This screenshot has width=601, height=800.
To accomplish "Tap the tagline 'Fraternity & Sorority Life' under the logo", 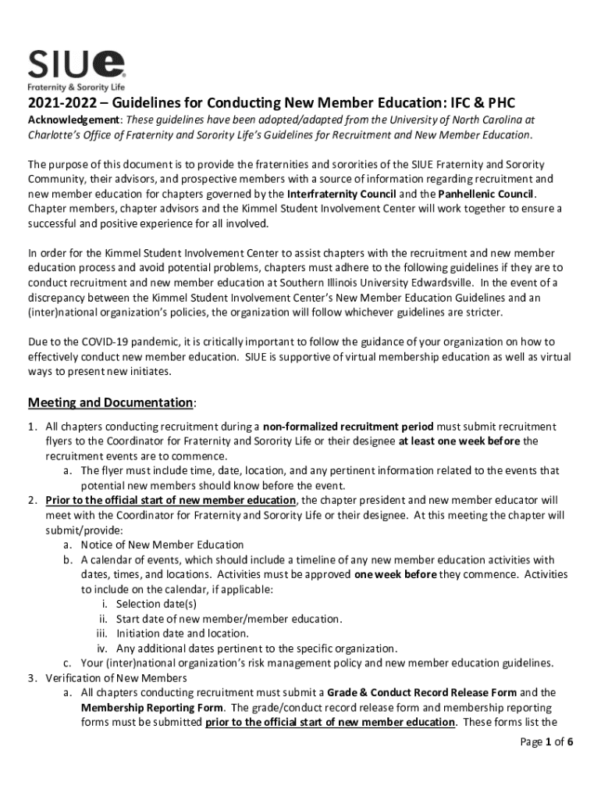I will [x=76, y=87].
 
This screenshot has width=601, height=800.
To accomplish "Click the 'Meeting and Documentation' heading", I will [x=112, y=402].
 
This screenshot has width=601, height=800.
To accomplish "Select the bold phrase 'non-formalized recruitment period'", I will [x=347, y=427].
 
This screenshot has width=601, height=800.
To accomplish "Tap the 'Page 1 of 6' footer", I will [x=547, y=742].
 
